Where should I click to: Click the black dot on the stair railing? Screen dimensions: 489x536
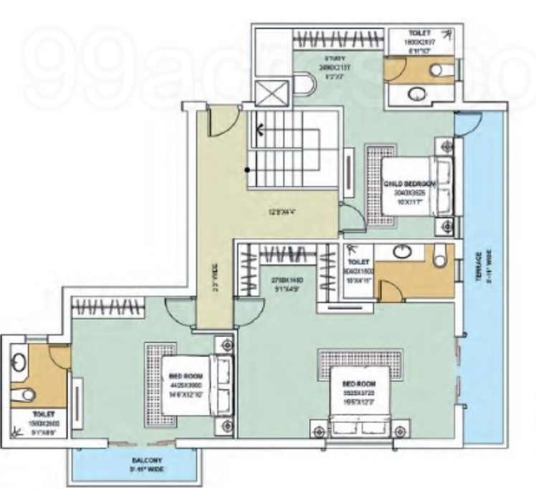tap(247, 170)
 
